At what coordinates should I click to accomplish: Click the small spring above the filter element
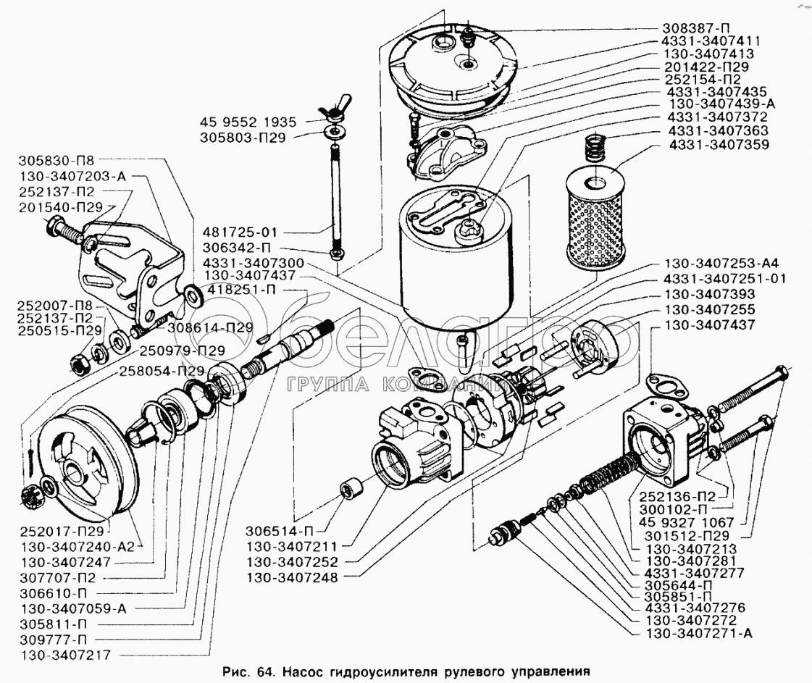tap(596, 148)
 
